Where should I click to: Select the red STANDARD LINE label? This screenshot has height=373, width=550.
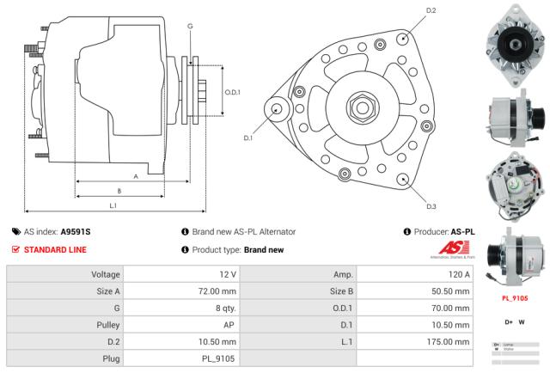[x=55, y=250]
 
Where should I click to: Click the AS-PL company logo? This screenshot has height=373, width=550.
[x=449, y=250]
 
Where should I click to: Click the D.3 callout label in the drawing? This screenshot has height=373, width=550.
[x=431, y=206]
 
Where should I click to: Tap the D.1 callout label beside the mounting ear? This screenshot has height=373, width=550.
[x=248, y=138]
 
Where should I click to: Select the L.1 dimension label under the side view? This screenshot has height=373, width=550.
[x=113, y=205]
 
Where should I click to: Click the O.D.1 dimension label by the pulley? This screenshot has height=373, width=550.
[x=232, y=92]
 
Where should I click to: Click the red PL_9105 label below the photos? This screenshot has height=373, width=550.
[x=514, y=298]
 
